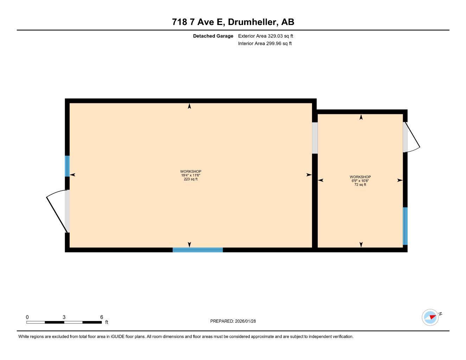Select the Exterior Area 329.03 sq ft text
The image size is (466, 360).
(266, 36)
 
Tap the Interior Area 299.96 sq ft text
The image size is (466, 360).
(265, 44)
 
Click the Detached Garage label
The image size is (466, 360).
(213, 36)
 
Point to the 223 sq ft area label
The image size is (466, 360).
(191, 179)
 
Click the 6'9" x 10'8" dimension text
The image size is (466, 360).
(360, 181)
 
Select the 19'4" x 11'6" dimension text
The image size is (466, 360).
(191, 175)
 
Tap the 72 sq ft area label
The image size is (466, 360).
(360, 185)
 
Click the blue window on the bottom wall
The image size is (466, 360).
(198, 250)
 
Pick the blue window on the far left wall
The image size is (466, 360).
(67, 166)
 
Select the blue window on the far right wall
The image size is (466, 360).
(405, 226)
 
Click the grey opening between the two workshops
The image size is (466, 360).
(315, 138)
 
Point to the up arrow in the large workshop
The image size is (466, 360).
(190, 106)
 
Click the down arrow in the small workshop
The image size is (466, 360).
(361, 244)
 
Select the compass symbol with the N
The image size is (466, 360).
(430, 317)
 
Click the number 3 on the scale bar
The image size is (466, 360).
(64, 317)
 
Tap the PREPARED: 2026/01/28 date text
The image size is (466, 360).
(233, 321)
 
